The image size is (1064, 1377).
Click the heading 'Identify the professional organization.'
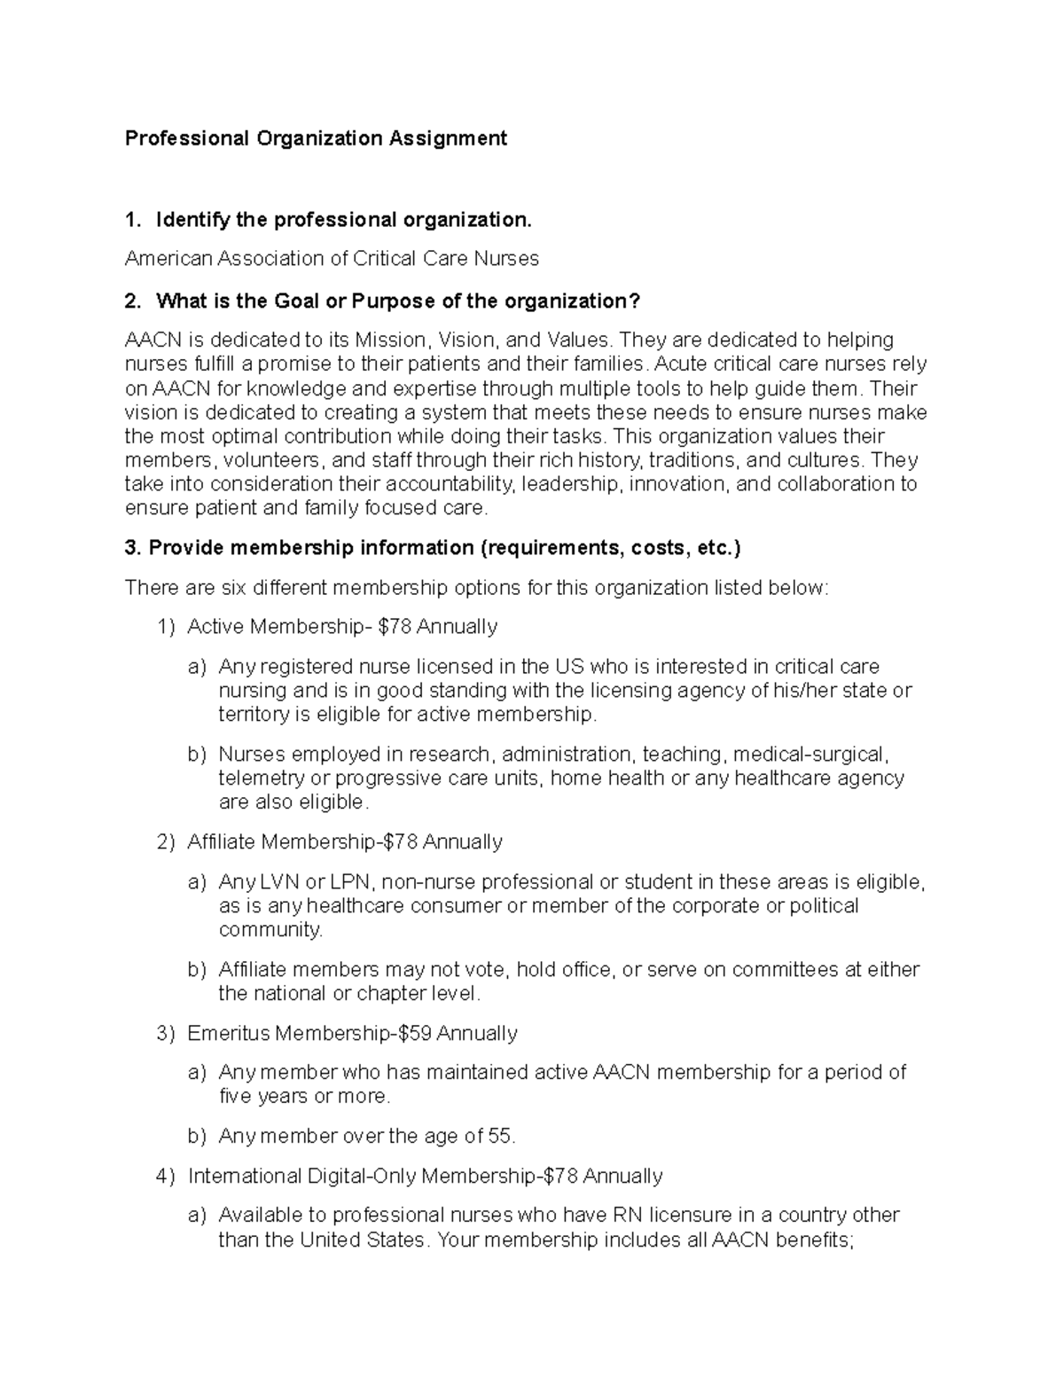tap(344, 220)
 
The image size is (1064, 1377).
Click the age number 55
tap(501, 1137)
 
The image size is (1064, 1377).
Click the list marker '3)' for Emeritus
tap(166, 1034)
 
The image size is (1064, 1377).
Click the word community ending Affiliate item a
tap(270, 930)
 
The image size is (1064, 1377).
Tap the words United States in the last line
tap(362, 1240)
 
